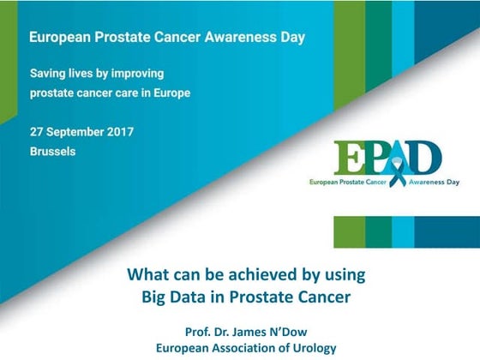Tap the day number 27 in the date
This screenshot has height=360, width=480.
click(x=37, y=132)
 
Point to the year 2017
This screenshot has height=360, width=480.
click(x=119, y=132)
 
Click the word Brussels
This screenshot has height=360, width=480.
click(x=52, y=152)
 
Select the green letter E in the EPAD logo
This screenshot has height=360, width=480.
click(x=349, y=159)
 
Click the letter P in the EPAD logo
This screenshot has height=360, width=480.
click(x=378, y=159)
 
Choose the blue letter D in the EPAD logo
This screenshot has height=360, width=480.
click(x=428, y=159)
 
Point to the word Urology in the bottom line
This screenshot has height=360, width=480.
click(x=299, y=348)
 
